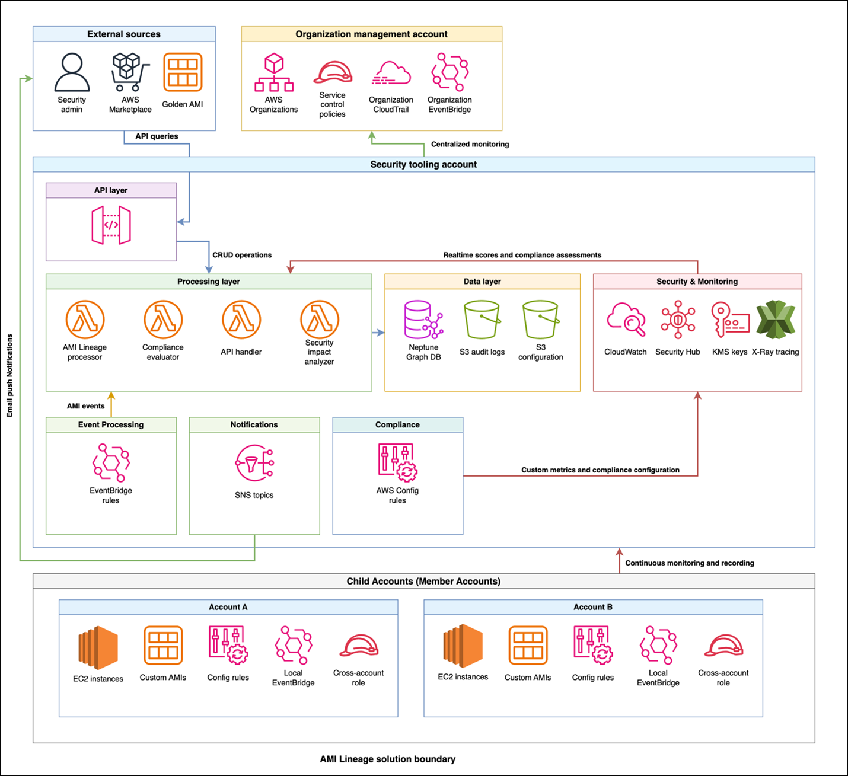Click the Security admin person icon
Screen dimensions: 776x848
click(x=72, y=72)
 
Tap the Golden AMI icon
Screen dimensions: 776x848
click(x=183, y=72)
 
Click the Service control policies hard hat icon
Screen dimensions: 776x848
click(x=333, y=72)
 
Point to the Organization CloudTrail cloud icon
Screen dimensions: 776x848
click(x=391, y=74)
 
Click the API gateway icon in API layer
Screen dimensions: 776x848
click(x=111, y=225)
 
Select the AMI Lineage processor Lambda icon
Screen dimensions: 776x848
click(x=85, y=320)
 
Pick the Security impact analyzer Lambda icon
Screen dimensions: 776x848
click(x=320, y=319)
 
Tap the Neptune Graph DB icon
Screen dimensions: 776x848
click(x=423, y=320)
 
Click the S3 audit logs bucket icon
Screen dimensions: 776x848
click(x=482, y=320)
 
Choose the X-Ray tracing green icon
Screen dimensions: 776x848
click(x=775, y=320)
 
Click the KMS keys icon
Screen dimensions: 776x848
click(x=730, y=320)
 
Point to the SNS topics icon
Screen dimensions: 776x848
click(x=254, y=463)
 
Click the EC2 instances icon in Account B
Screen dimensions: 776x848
click(x=463, y=646)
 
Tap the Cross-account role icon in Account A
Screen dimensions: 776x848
click(x=359, y=646)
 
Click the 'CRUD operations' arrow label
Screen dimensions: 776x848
click(x=242, y=255)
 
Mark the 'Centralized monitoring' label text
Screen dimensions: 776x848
click(x=470, y=144)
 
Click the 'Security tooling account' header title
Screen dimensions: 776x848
click(x=423, y=164)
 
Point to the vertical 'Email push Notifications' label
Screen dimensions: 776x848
click(x=9, y=375)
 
